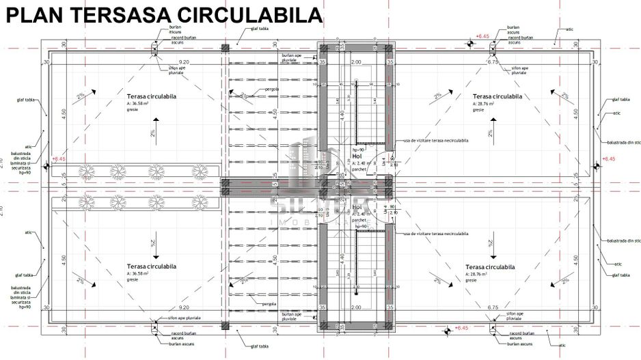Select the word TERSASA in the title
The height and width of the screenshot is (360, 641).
115,14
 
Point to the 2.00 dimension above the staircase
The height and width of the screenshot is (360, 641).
355,62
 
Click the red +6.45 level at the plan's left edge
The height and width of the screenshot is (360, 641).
59,158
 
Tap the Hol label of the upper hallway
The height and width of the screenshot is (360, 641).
357,156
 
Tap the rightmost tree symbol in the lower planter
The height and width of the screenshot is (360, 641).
206,200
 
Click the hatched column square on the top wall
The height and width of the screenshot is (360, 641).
225,49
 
